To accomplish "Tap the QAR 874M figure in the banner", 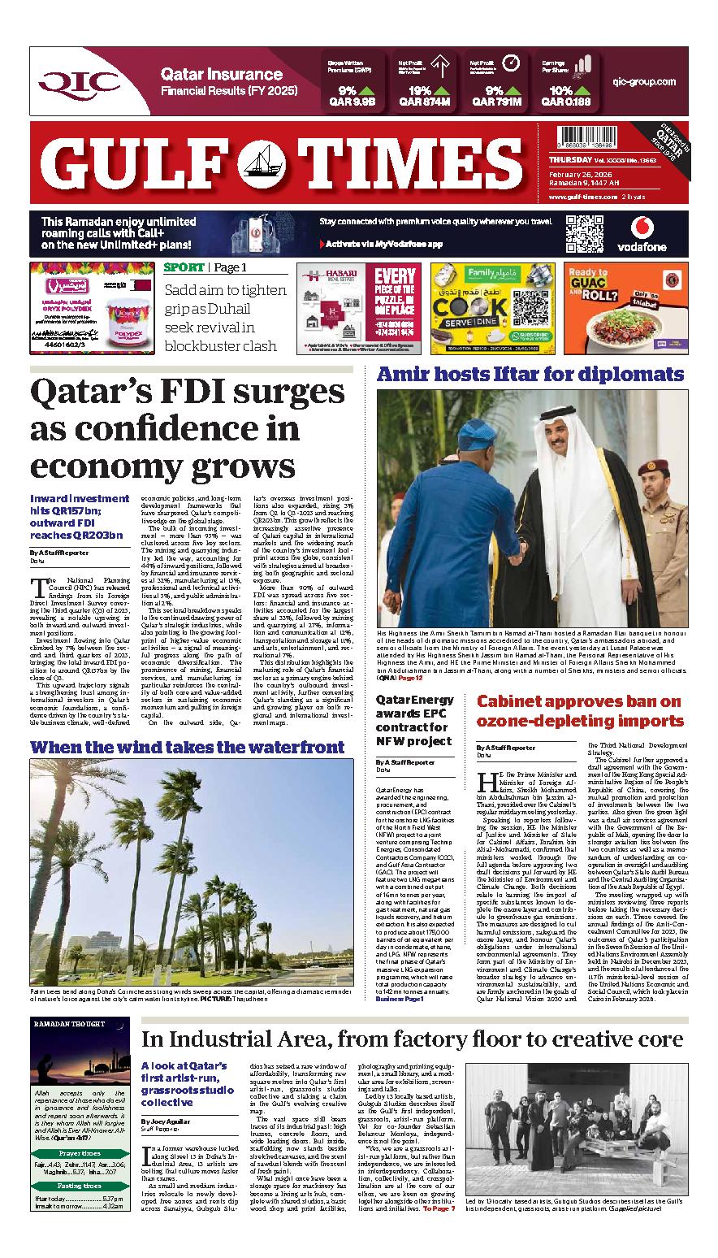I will click(x=424, y=103).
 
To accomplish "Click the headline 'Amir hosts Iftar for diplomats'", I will click(x=530, y=375).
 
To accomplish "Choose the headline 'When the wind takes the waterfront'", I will click(x=187, y=747).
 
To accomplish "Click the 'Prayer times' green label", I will click(x=80, y=1153).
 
